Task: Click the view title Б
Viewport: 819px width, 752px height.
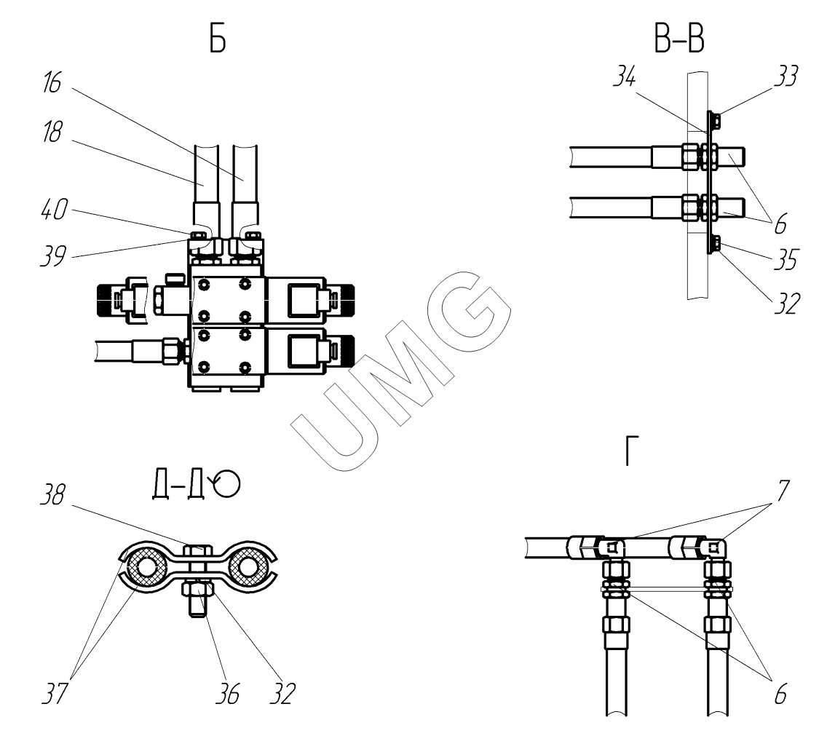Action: pos(217,40)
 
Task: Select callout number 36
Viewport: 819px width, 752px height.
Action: pos(230,694)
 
